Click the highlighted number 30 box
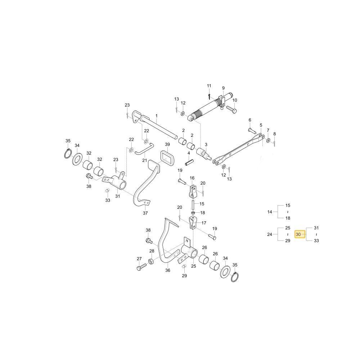click(x=300, y=234)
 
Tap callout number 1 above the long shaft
click(x=157, y=116)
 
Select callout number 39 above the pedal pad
click(x=167, y=144)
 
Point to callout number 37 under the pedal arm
click(x=145, y=213)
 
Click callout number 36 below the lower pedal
click(x=168, y=270)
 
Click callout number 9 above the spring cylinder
click(x=224, y=88)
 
